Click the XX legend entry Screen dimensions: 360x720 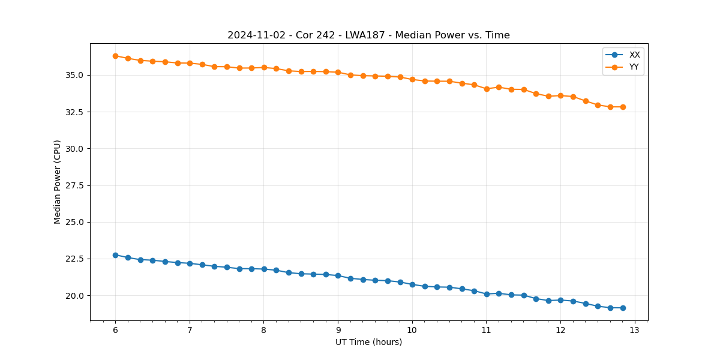pos(634,55)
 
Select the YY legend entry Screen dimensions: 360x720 pos(634,67)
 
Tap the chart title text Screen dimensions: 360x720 pos(368,35)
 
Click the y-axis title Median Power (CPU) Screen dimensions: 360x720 pos(58,182)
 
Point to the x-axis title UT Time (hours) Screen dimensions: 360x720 pos(368,342)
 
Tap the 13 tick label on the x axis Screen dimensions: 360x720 pos(635,330)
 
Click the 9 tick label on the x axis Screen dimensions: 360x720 pos(338,330)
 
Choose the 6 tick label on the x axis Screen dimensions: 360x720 pos(115,330)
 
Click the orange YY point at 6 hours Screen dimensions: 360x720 pos(115,56)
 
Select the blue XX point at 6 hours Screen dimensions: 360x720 pos(115,255)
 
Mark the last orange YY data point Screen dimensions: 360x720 pos(623,107)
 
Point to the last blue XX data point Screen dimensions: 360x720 pos(623,308)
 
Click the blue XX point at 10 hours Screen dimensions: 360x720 pos(412,284)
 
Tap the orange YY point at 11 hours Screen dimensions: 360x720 pos(487,89)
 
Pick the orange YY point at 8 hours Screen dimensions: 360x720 pos(264,67)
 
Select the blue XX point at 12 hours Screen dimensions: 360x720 pos(560,300)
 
